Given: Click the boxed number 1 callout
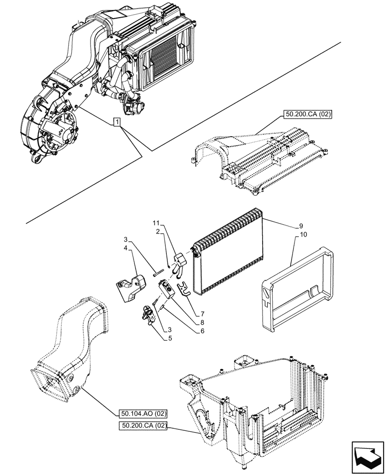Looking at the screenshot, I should click(x=117, y=123).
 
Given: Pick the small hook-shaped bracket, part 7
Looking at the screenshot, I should click(x=183, y=288).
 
